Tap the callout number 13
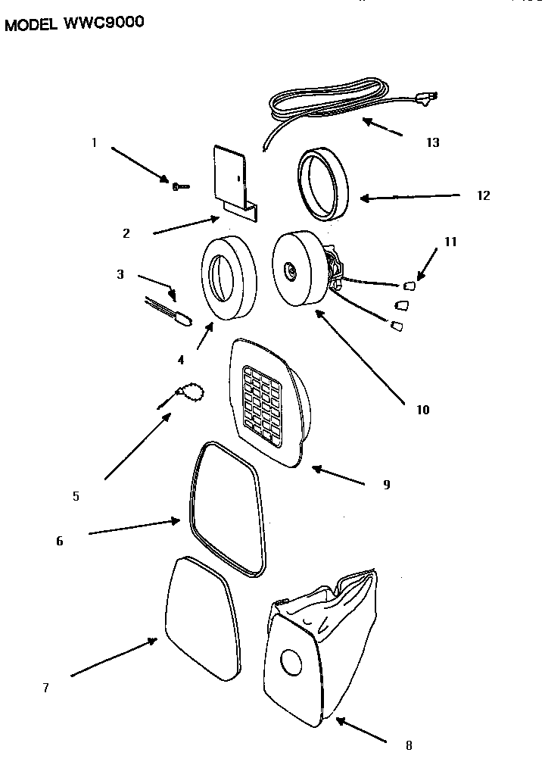[x=432, y=142]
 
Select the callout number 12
[x=483, y=195]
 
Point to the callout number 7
[x=46, y=688]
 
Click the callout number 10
[x=422, y=410]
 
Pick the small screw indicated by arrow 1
[x=180, y=186]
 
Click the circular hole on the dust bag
[x=291, y=661]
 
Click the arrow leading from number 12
[x=410, y=197]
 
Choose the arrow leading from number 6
[x=134, y=527]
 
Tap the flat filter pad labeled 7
[x=201, y=619]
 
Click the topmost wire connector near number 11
[x=410, y=285]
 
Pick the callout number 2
[x=126, y=233]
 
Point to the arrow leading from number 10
[x=360, y=358]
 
